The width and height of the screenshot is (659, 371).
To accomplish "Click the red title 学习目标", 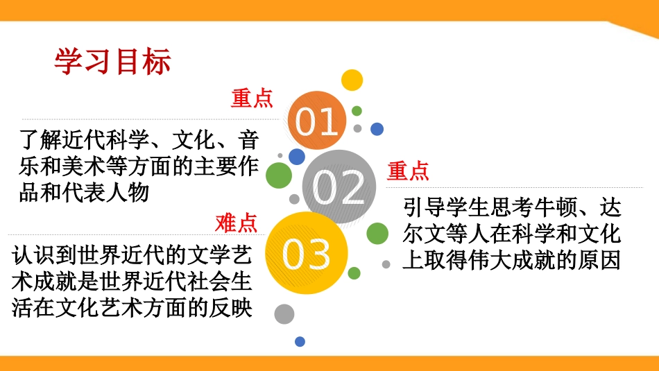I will coord(112,62).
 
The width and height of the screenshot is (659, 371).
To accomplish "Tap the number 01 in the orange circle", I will coord(317,121).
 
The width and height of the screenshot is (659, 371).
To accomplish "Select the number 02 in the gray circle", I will coord(339,187).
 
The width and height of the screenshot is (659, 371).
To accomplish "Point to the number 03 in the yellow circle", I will coord(307,254).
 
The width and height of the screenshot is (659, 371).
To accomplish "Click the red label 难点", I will coord(236,223).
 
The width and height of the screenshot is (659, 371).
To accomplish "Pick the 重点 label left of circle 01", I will coord(252,98).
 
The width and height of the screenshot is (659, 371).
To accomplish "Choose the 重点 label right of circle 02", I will coord(408,170).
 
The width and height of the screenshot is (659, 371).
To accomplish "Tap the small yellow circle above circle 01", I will coord(352,80).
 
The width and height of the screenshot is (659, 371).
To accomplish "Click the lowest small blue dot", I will coord(300,341).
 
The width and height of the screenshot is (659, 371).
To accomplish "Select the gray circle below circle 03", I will coord(284,314).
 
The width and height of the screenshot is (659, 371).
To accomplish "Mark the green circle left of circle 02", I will coord(279,175).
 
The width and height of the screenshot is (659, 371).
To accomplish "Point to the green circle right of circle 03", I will coord(377,234).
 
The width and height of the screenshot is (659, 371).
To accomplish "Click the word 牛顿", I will coord(547,209).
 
